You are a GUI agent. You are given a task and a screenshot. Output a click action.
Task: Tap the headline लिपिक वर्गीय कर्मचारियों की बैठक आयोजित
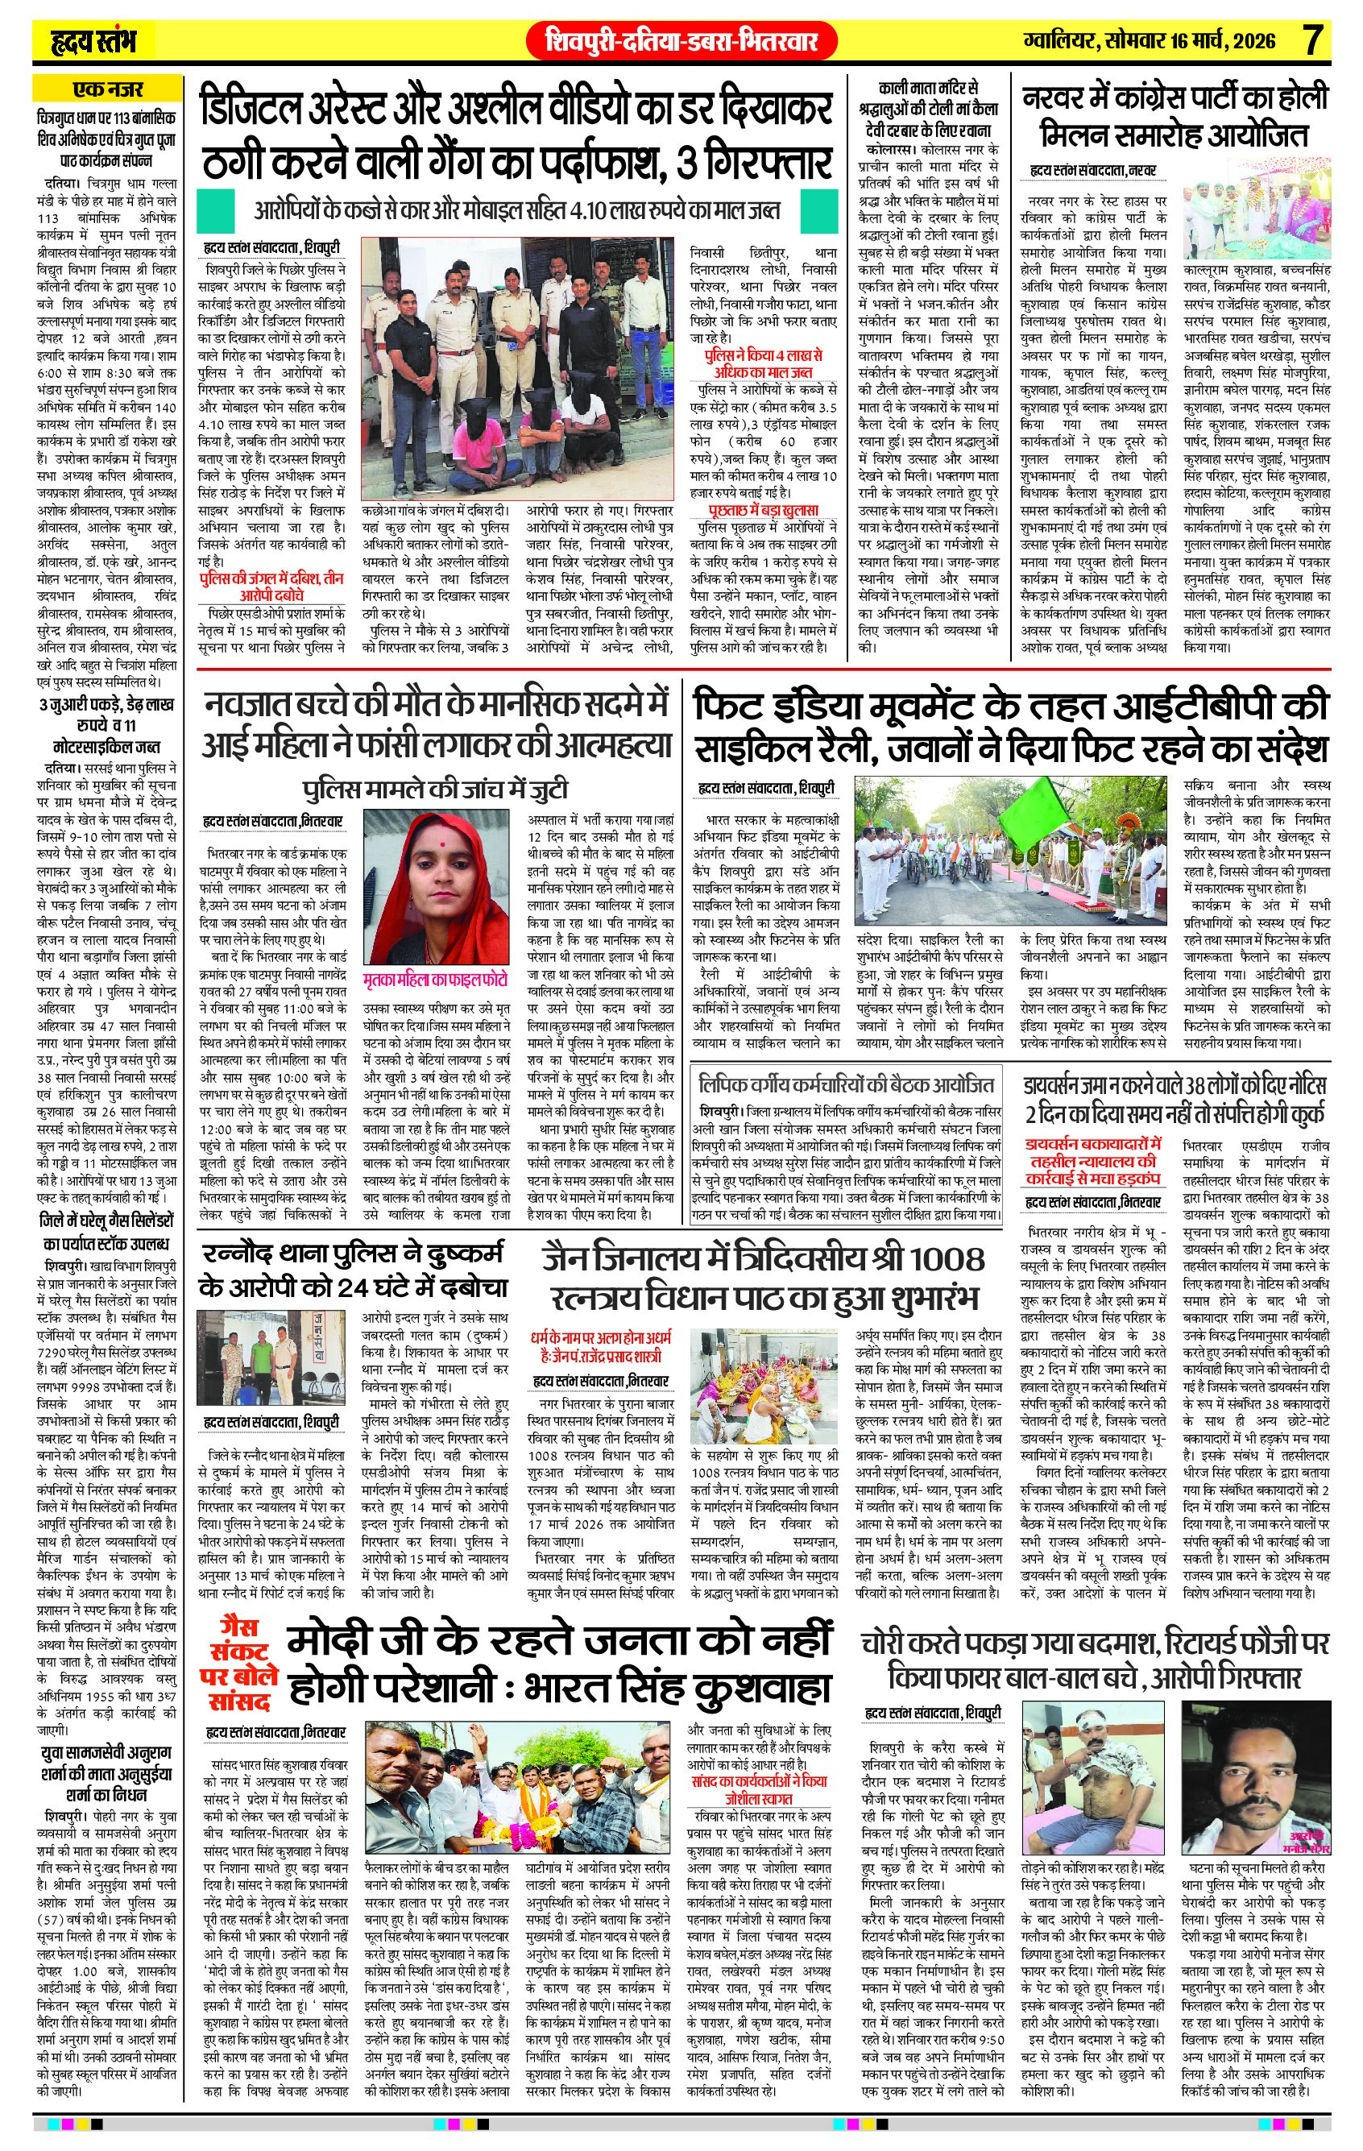[847, 1084]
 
